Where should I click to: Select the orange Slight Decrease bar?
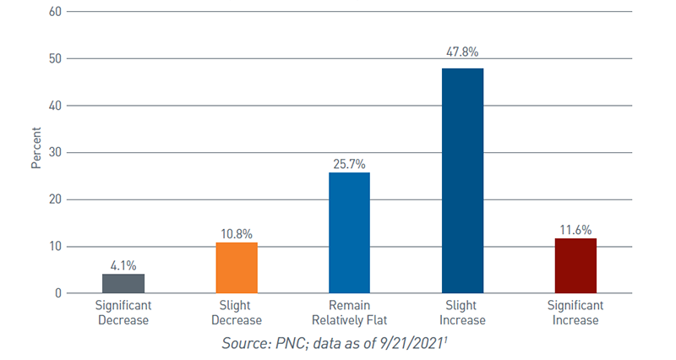tap(237, 268)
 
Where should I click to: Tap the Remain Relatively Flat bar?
tap(349, 232)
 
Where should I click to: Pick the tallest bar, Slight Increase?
tap(462, 181)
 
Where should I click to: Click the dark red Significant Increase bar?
tap(575, 265)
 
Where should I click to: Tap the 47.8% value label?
tap(462, 52)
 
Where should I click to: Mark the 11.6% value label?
tap(575, 228)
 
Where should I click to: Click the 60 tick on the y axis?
tap(55, 12)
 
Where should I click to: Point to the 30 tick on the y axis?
tap(55, 153)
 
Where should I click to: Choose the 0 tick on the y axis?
tap(57, 293)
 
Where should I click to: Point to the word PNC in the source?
tap(292, 342)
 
